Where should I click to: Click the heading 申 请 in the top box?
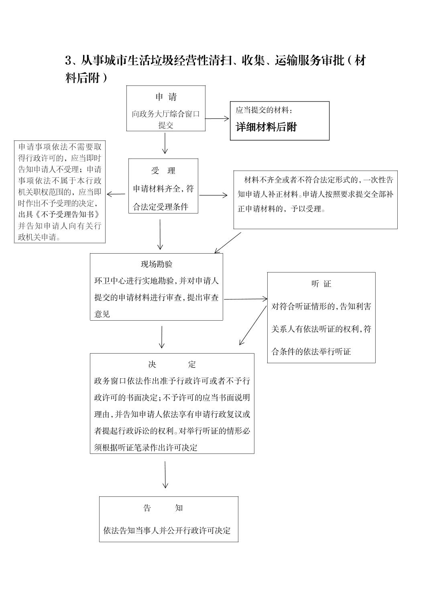(166, 97)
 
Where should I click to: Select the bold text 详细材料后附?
(266, 127)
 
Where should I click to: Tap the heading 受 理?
(163, 171)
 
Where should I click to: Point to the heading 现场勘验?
(157, 264)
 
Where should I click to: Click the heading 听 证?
(321, 284)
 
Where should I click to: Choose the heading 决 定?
(172, 364)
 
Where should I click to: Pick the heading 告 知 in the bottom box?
(163, 508)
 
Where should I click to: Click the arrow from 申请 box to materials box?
(217, 118)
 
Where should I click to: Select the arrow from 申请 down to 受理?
(165, 143)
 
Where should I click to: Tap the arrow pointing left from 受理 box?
(116, 194)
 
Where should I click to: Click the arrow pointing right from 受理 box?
(213, 195)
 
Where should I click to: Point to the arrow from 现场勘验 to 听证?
(246, 299)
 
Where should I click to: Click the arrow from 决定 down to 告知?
(165, 474)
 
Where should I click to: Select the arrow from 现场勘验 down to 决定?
(162, 337)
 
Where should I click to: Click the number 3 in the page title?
(68, 61)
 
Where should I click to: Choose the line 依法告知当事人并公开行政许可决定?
(167, 530)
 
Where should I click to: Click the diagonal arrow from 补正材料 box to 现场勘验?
(228, 242)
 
